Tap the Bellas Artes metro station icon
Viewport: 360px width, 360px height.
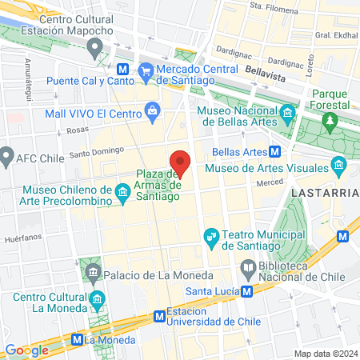point(274,152)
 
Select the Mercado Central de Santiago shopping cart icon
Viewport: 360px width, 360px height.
point(146,73)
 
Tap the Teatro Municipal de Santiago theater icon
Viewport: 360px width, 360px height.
point(212,236)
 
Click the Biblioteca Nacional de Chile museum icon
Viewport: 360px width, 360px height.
point(248,267)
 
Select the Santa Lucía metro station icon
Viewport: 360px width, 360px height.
point(248,290)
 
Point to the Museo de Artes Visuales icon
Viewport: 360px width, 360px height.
point(338,167)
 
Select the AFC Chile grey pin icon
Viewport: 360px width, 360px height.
point(6,153)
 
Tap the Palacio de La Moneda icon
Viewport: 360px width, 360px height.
point(94,274)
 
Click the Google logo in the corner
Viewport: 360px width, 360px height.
point(26,350)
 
